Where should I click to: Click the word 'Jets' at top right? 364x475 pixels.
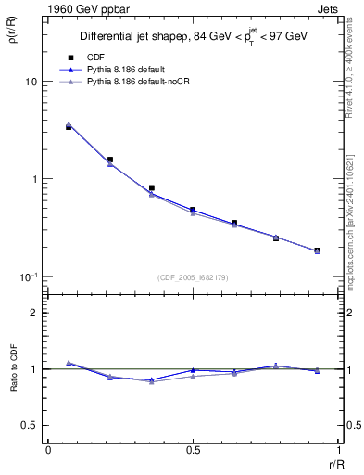(x=328, y=10)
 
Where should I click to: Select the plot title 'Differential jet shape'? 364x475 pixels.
(x=138, y=37)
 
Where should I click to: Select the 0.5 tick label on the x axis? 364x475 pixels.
(x=192, y=450)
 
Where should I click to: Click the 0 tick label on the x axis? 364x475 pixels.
(x=47, y=450)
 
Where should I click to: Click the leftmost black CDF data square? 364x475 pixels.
(x=69, y=126)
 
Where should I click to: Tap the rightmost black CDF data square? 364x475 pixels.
(x=317, y=250)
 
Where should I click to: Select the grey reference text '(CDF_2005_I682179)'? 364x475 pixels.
(x=193, y=276)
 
